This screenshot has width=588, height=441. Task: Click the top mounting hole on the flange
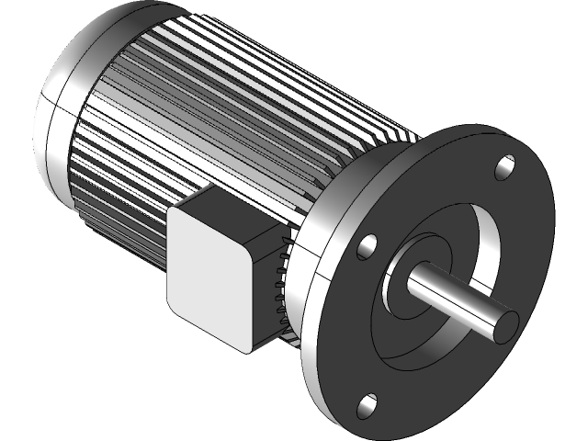tap(504, 167)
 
